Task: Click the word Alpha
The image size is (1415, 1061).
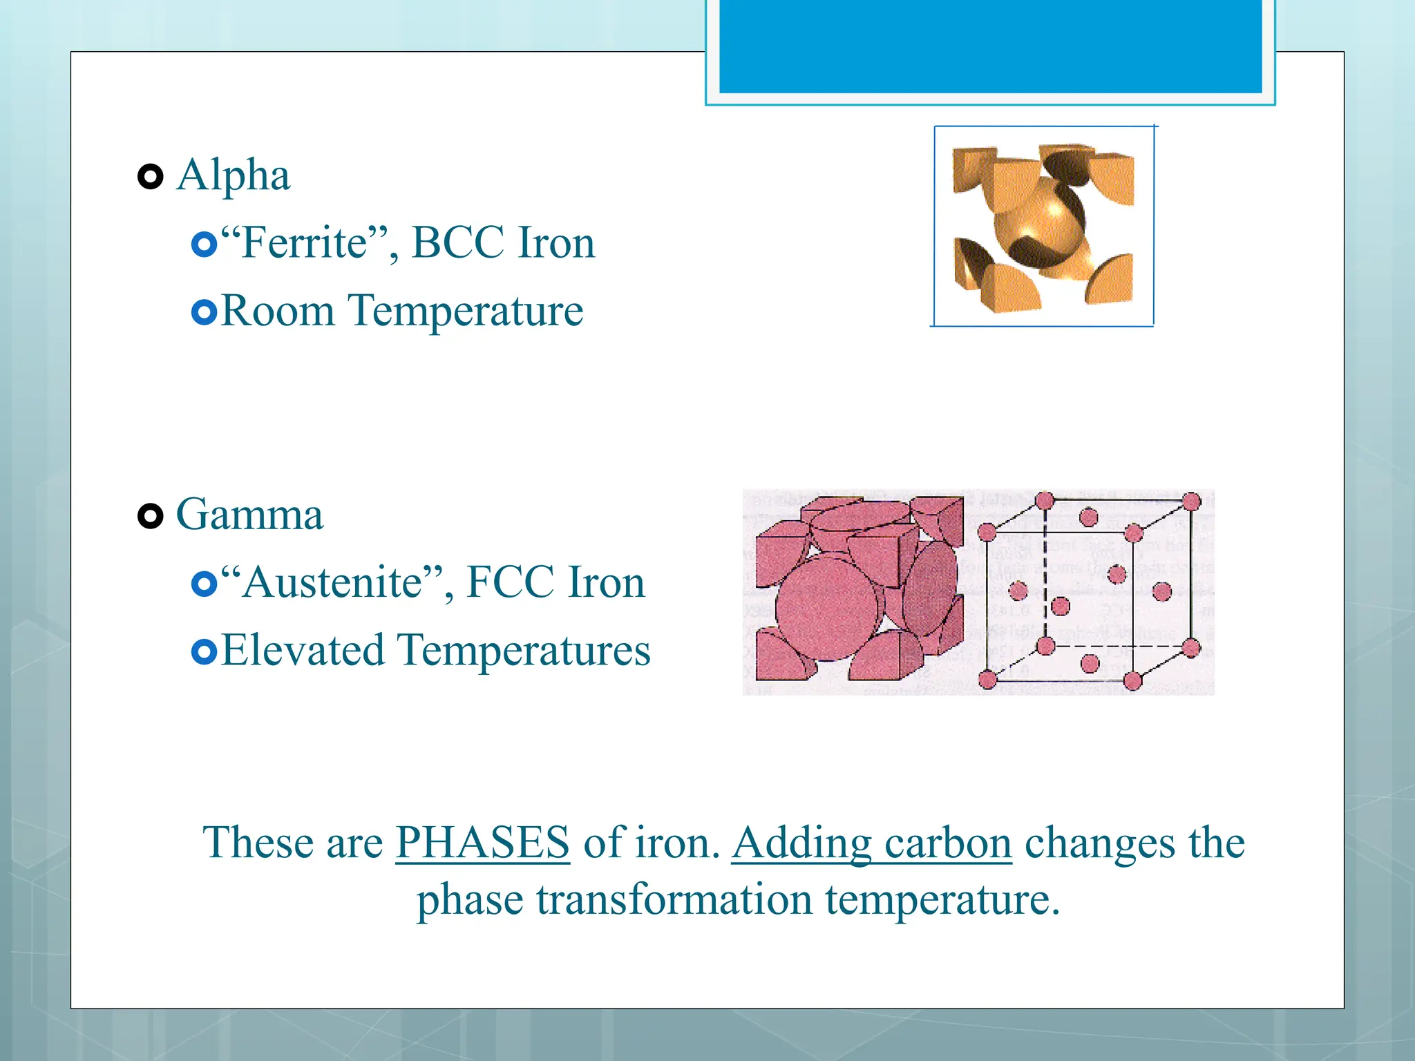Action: point(233,175)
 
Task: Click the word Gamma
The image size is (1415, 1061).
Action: point(249,515)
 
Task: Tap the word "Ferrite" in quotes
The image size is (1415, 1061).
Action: point(304,243)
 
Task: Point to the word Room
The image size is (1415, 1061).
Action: point(278,311)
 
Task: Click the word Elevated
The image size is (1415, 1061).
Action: point(303,651)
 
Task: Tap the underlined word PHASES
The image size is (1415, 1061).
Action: point(482,843)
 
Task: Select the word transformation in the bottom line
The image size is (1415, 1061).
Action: point(674,899)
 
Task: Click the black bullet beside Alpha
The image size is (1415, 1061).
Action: point(150,177)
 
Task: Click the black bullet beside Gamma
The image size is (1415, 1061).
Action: point(150,516)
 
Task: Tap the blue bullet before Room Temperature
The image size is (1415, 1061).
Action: point(204,312)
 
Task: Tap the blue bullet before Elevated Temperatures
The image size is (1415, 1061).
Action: point(204,651)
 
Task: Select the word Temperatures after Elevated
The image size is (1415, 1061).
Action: point(524,651)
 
